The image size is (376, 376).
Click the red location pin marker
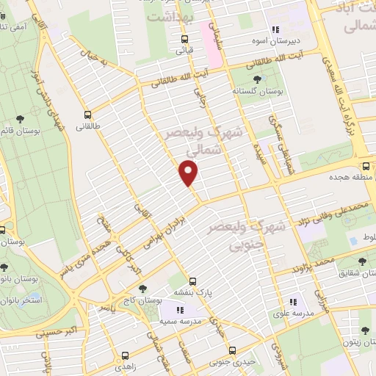(189, 173)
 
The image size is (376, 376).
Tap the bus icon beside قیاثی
(184, 40)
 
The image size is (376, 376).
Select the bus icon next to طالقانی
(88, 115)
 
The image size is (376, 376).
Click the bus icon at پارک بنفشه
(192, 281)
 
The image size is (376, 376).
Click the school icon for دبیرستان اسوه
(275, 30)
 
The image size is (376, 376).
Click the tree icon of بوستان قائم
(20, 120)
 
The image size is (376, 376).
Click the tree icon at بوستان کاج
(142, 291)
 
